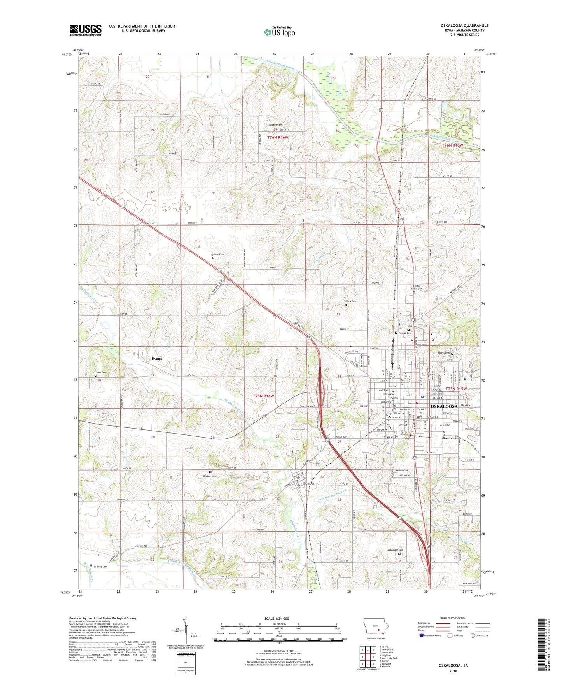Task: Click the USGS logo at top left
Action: click(x=86, y=30)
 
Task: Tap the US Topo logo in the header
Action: click(x=279, y=32)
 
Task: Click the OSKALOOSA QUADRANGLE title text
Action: click(x=464, y=26)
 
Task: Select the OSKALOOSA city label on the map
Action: click(x=443, y=406)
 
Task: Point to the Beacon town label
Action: click(x=309, y=483)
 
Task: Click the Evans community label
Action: click(x=157, y=359)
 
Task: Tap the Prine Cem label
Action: click(x=219, y=254)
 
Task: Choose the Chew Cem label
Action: click(x=350, y=301)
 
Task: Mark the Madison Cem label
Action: click(x=275, y=125)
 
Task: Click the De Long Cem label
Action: click(x=100, y=567)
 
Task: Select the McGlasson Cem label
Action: click(x=395, y=550)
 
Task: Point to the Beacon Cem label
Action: click(x=209, y=476)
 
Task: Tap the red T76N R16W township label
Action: click(x=278, y=138)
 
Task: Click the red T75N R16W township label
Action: click(x=263, y=396)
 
